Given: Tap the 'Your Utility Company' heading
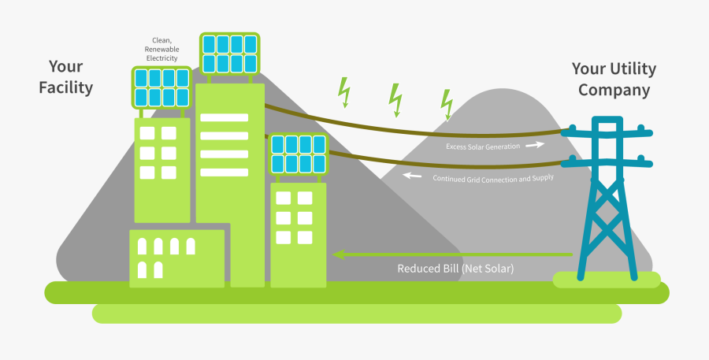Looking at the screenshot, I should click(x=614, y=80).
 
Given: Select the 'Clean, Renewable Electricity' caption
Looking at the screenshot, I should click(x=161, y=49).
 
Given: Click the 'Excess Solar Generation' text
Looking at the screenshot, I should click(x=482, y=147).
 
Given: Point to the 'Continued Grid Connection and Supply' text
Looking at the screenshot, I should click(x=493, y=178).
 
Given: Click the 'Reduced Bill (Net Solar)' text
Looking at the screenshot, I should click(x=455, y=269).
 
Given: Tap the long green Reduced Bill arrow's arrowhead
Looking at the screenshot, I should click(x=339, y=254).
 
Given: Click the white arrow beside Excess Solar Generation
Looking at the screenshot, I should click(x=535, y=145).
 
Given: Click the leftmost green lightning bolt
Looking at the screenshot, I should click(x=343, y=91).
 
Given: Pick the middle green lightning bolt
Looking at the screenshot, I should click(x=395, y=98).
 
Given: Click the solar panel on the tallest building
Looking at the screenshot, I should click(x=229, y=53).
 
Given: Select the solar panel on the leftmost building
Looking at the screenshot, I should click(x=161, y=87).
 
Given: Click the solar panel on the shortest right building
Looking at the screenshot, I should click(x=299, y=154).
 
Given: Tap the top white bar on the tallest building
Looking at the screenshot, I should click(x=224, y=117).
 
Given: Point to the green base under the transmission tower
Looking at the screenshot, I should click(x=606, y=279).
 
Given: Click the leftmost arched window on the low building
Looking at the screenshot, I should click(x=142, y=246).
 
